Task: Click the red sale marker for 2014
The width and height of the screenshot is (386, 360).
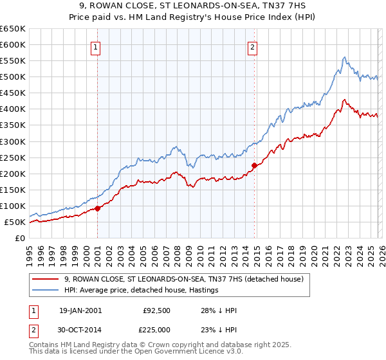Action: (x=254, y=165)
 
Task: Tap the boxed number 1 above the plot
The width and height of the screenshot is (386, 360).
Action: (x=95, y=46)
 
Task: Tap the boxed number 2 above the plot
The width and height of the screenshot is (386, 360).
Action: (x=252, y=46)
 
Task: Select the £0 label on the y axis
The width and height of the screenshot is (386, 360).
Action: (x=20, y=239)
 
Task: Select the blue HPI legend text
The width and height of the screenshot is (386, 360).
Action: (x=142, y=290)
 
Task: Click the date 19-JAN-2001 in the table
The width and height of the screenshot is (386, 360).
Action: (x=80, y=310)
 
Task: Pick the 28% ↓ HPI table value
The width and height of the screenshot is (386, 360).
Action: (x=219, y=310)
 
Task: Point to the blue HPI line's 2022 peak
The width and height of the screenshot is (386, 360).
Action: (x=344, y=57)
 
